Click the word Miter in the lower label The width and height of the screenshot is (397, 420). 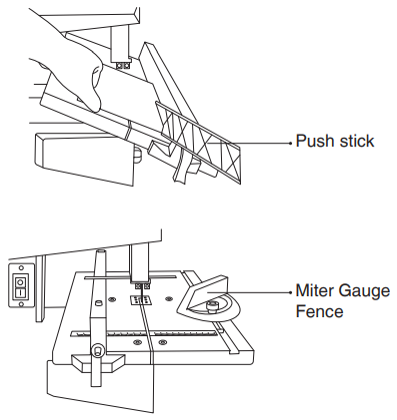pyautogui.click(x=314, y=291)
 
